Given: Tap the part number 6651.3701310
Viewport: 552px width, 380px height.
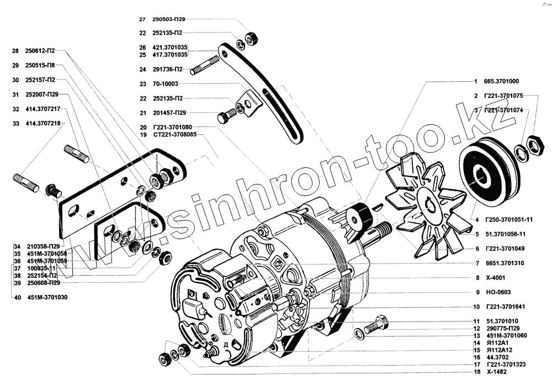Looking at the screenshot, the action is point(505,263).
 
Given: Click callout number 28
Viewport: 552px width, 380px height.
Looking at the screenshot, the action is point(15,51).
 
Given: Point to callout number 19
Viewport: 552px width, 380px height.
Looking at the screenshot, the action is point(143,134).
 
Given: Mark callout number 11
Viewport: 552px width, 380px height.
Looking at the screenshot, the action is point(476,321).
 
